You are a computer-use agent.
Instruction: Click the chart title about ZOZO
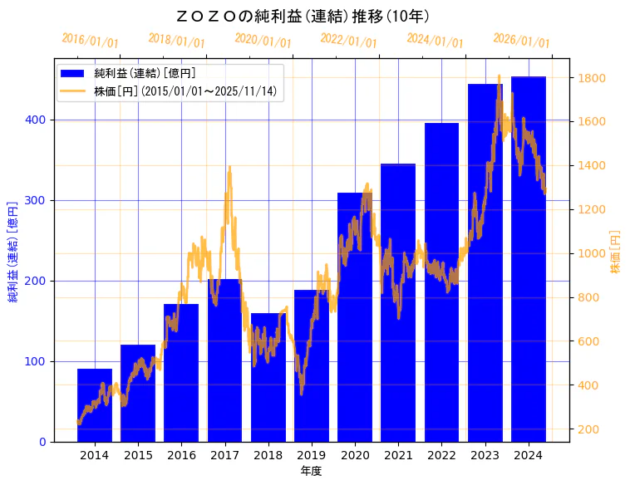[x=303, y=16]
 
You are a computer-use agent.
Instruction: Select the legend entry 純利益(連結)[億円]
[x=145, y=74]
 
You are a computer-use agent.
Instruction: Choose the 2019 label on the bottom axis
[x=312, y=455]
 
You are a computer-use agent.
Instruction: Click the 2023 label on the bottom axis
[x=485, y=455]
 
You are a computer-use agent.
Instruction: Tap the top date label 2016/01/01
[x=90, y=41]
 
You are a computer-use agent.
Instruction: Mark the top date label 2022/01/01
[x=348, y=41]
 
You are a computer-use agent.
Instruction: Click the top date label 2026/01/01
[x=521, y=41]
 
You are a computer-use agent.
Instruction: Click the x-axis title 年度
[x=312, y=471]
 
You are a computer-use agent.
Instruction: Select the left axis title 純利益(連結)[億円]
[x=13, y=250]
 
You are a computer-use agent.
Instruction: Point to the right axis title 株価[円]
[x=616, y=252]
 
